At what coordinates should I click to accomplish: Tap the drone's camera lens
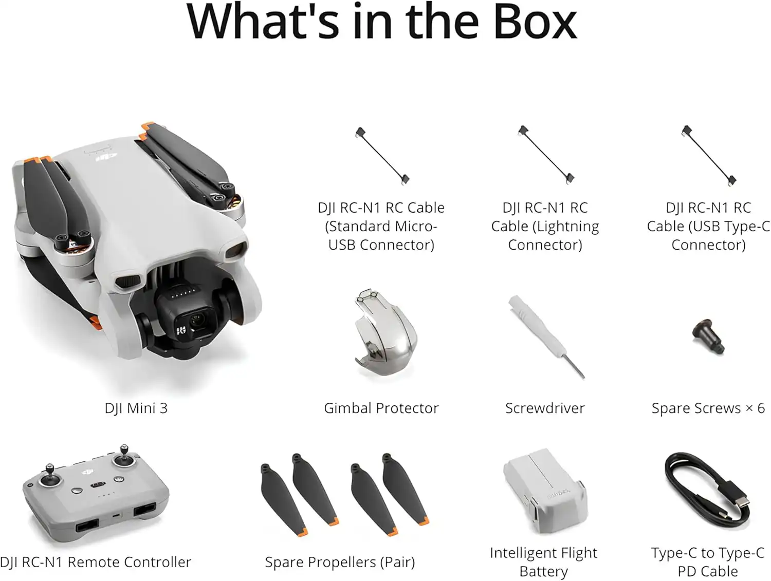[x=197, y=321]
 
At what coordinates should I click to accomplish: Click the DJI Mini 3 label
[x=136, y=408]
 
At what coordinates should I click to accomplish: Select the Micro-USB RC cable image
[x=382, y=156]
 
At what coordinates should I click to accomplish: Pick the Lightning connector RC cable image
[x=545, y=155]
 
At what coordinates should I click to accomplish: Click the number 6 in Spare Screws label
[x=761, y=408]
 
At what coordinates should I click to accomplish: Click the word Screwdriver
[x=545, y=408]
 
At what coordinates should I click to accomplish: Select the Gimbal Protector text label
[x=381, y=408]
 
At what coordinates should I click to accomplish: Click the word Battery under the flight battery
[x=544, y=571]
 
